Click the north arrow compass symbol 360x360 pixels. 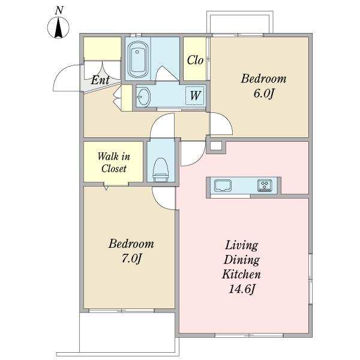click(58, 28)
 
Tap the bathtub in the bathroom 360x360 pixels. click(137, 59)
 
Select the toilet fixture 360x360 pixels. click(160, 170)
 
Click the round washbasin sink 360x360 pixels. click(143, 97)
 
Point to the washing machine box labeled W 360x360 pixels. click(194, 95)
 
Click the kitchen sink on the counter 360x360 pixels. click(223, 185)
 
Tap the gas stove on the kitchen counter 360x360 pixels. click(265, 185)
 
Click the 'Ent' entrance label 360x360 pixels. click(100, 80)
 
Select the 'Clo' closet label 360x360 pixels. click(195, 61)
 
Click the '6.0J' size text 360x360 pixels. click(264, 94)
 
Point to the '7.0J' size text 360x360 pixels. click(131, 259)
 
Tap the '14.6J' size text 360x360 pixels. click(242, 289)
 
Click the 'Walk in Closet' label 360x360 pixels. click(114, 163)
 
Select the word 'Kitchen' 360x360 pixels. click(241, 274)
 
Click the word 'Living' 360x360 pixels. click(242, 245)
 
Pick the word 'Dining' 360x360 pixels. click(242, 260)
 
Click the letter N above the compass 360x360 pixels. click(59, 11)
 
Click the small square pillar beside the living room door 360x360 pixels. click(216, 146)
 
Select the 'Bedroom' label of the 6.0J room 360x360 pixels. click(264, 79)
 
